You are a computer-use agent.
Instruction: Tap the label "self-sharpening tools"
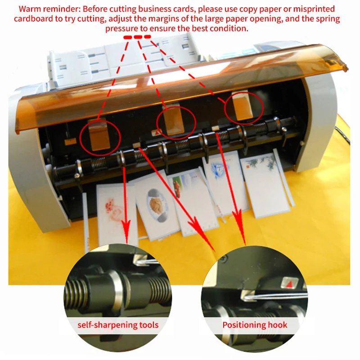tap(118, 325)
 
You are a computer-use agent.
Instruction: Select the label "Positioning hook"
tap(255, 324)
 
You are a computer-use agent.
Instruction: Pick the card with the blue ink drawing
tap(224, 184)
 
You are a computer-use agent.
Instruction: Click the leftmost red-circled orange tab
tap(99, 136)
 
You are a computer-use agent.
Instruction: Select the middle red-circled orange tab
tap(175, 121)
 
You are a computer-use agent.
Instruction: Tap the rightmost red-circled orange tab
tap(243, 106)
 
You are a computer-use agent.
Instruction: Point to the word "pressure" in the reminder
tap(121, 28)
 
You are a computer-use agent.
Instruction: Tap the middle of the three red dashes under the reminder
tap(138, 37)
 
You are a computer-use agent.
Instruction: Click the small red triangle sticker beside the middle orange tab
tap(157, 132)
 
